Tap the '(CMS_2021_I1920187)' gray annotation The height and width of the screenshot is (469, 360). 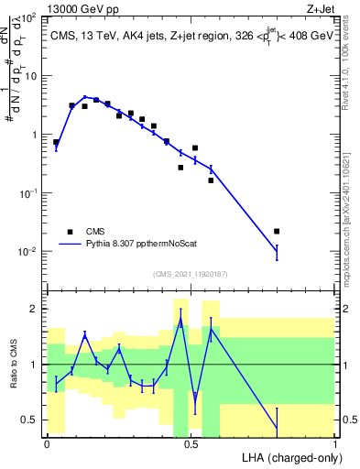[190, 273]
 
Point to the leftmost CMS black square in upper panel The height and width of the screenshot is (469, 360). [57, 142]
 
